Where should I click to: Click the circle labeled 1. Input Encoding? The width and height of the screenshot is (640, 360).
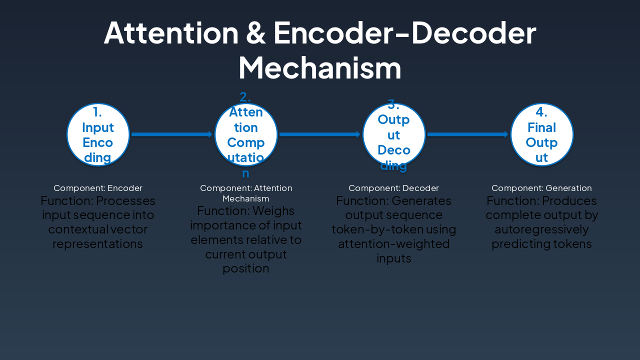click(x=98, y=134)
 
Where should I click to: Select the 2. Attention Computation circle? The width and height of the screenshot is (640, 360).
click(x=246, y=134)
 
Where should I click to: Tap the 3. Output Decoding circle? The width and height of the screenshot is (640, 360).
click(x=394, y=134)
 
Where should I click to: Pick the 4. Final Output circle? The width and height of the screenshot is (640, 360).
click(x=542, y=134)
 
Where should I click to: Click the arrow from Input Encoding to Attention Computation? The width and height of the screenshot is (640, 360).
click(x=172, y=134)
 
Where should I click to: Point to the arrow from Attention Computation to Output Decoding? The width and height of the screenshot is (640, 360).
click(x=320, y=134)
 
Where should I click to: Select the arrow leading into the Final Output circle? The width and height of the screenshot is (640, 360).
click(x=468, y=134)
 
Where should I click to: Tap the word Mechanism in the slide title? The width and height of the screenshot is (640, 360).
click(x=320, y=67)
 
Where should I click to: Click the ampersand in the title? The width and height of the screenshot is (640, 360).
click(x=256, y=33)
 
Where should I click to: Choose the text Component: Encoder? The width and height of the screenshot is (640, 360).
click(x=98, y=188)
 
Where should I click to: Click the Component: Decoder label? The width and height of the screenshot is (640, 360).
click(x=393, y=188)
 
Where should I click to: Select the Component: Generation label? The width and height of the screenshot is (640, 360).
click(x=541, y=188)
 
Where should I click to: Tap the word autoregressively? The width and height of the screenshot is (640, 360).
click(x=541, y=229)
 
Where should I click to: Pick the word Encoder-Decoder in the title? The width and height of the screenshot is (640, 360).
click(x=405, y=33)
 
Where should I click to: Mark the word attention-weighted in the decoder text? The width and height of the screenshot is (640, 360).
click(x=394, y=244)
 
